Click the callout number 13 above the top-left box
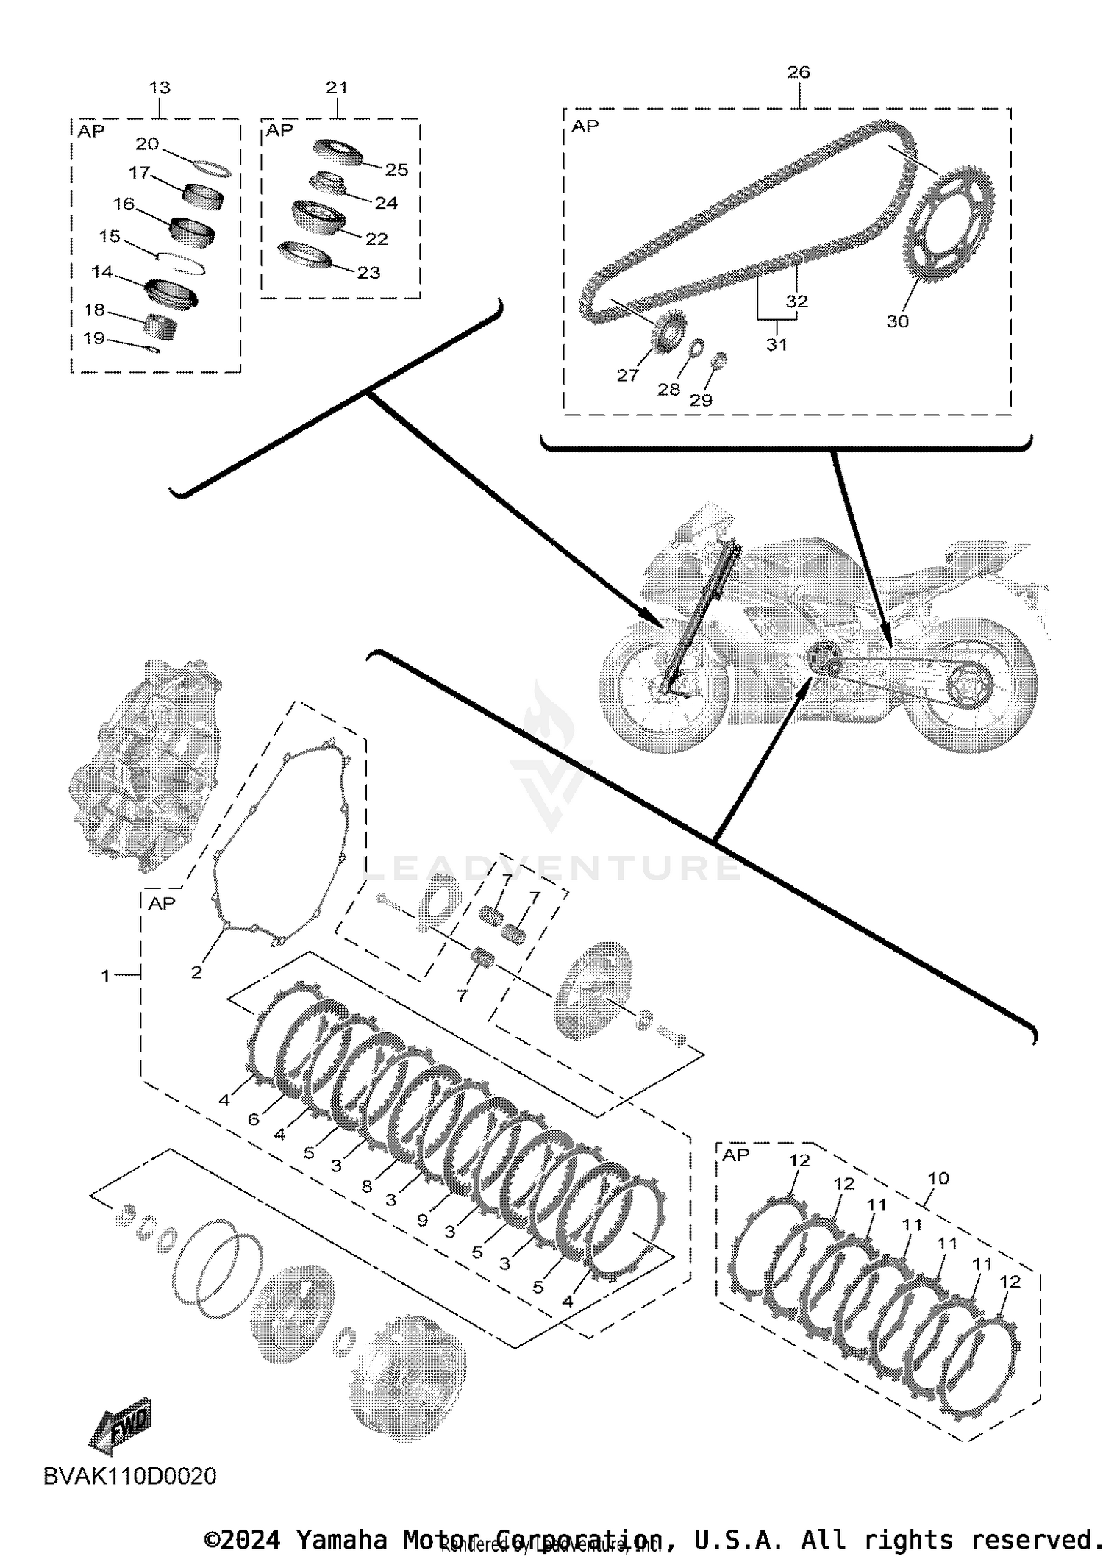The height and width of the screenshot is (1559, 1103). pyautogui.click(x=160, y=88)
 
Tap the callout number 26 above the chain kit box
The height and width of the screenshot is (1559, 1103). pyautogui.click(x=798, y=72)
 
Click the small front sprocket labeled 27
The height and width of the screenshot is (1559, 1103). pyautogui.click(x=668, y=333)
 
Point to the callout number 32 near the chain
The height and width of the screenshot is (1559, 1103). pyautogui.click(x=796, y=301)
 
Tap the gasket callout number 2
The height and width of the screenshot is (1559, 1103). pyautogui.click(x=196, y=972)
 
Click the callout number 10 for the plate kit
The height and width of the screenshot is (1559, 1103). pyautogui.click(x=938, y=1178)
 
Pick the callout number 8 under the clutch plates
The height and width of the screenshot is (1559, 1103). pyautogui.click(x=367, y=1187)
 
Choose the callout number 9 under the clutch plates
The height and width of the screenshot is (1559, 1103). pyautogui.click(x=422, y=1220)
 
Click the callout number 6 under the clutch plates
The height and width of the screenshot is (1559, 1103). pyautogui.click(x=254, y=1119)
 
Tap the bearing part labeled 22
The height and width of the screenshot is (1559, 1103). pyautogui.click(x=318, y=217)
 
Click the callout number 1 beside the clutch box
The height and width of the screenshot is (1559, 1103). pyautogui.click(x=105, y=975)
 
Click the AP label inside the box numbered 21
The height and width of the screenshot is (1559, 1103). pyautogui.click(x=279, y=130)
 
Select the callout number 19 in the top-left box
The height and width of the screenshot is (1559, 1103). pyautogui.click(x=94, y=338)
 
